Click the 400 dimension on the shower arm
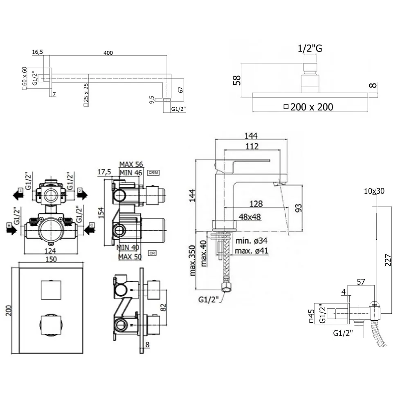pyautogui.click(x=108, y=53)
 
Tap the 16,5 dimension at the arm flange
pyautogui.click(x=37, y=52)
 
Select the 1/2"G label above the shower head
pyautogui.click(x=310, y=49)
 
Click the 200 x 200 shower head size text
pyautogui.click(x=311, y=107)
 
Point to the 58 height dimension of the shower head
pyautogui.click(x=236, y=80)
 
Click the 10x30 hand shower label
pyautogui.click(x=374, y=191)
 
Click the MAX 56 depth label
pyautogui.click(x=130, y=164)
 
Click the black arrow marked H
pyautogui.click(x=12, y=231)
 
